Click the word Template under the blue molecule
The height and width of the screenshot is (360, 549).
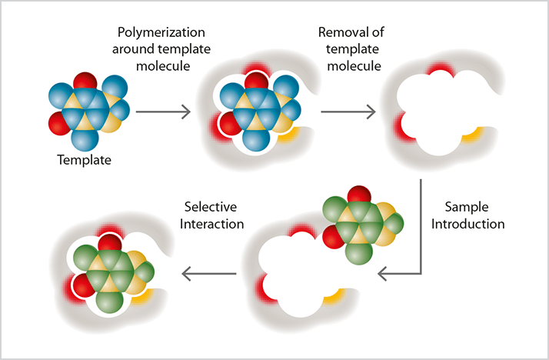(84, 162)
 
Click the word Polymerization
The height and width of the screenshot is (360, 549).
(162, 34)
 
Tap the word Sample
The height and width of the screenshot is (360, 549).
(468, 208)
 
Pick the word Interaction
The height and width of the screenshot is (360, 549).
(212, 224)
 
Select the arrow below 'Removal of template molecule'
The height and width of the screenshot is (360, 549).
(348, 112)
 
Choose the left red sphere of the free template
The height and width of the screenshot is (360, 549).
(58, 122)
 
